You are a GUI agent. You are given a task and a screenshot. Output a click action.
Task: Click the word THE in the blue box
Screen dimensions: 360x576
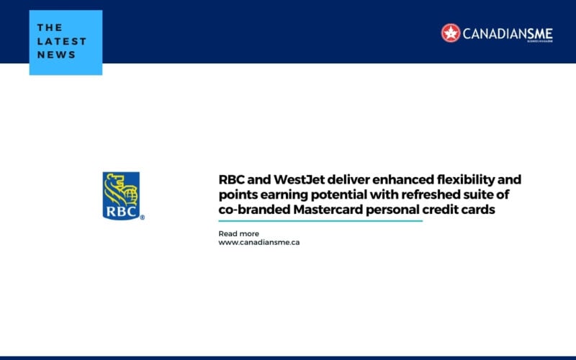point(50,27)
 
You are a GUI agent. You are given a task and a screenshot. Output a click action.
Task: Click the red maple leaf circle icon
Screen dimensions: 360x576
point(451,32)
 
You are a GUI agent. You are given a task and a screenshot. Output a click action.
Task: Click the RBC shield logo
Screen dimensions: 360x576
point(121,195)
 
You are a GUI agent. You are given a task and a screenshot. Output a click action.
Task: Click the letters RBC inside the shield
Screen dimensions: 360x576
point(120,212)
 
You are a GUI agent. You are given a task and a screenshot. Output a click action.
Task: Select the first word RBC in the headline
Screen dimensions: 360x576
point(232,179)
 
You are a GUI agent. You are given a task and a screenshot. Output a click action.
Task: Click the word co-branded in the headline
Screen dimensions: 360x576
point(252,209)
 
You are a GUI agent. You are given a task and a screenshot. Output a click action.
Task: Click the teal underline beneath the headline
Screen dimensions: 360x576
point(320,221)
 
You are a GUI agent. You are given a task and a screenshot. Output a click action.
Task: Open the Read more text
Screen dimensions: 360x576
point(238,233)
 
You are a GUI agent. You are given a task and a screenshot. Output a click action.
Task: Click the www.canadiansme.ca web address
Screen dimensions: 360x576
point(259,243)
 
